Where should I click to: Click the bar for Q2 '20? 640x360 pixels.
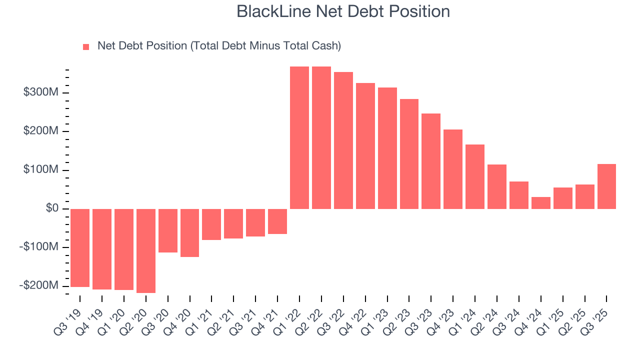(146, 250)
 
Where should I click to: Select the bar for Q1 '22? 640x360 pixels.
(299, 137)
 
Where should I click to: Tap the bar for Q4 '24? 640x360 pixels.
(541, 202)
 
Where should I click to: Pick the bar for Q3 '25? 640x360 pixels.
(606, 186)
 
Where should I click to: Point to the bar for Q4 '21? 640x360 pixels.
(277, 221)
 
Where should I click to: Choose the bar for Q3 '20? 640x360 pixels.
(168, 230)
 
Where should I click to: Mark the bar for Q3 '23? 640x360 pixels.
(431, 161)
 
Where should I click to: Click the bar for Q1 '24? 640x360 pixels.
(475, 176)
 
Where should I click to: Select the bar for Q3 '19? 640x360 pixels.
(80, 247)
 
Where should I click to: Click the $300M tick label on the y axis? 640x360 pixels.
(41, 92)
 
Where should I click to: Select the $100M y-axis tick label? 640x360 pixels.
(41, 170)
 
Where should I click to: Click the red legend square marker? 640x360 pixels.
(86, 46)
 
